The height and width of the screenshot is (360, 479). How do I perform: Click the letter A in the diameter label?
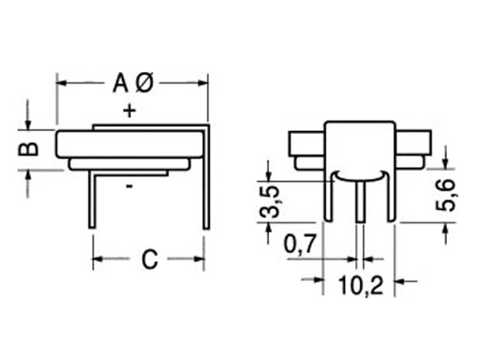pyautogui.click(x=120, y=82)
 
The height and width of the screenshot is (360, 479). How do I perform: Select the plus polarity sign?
pyautogui.click(x=129, y=110)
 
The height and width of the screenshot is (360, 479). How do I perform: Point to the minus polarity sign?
pyautogui.click(x=129, y=187)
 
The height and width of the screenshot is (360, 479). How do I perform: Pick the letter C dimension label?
pyautogui.click(x=148, y=260)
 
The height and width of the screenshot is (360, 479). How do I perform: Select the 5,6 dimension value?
pyautogui.click(x=446, y=196)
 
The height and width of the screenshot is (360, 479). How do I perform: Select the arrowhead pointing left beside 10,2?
pyautogui.click(x=402, y=280)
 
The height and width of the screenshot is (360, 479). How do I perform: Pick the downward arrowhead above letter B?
pyautogui.click(x=29, y=124)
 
